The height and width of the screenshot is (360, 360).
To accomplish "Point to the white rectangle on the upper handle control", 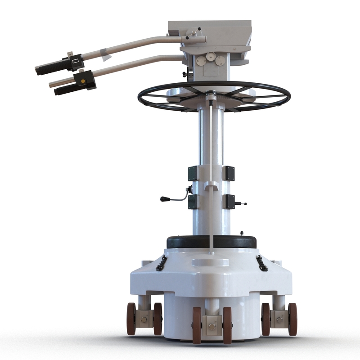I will coord(75,60).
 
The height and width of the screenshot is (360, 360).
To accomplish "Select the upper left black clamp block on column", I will coord(193,173).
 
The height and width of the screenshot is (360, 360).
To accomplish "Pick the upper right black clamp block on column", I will coord(229,173).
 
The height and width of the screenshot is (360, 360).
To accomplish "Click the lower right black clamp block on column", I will coord(229,201).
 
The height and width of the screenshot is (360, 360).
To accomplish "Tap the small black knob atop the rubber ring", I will coord(242,233).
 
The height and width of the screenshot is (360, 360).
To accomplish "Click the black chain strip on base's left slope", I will coord(162,263).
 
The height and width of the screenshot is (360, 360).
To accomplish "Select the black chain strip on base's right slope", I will coord(261,263).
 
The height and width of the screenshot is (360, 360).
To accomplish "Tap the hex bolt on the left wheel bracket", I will coord(144,319).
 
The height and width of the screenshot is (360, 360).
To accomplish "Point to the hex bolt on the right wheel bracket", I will coord(279,319).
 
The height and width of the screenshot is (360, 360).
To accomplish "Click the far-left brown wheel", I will coord(131,319).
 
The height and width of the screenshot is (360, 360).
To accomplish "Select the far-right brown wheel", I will coord(292,319).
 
